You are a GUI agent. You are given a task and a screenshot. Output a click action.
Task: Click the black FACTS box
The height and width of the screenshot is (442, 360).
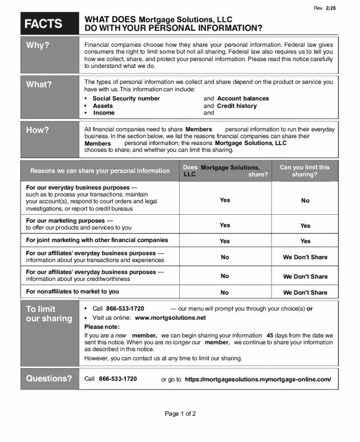click(x=43, y=23)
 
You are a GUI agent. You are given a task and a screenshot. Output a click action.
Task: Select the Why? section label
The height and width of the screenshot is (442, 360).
click(x=38, y=45)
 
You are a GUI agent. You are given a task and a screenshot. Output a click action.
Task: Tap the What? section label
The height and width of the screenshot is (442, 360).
click(x=39, y=84)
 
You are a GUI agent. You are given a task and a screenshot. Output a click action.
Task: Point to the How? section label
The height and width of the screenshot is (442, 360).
click(x=38, y=130)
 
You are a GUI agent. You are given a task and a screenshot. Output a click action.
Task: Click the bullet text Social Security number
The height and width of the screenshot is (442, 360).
click(x=126, y=98)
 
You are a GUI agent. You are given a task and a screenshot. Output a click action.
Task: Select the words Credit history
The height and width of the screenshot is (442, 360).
click(x=237, y=106)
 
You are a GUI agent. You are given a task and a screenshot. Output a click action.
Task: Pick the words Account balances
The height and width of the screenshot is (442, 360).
click(x=243, y=98)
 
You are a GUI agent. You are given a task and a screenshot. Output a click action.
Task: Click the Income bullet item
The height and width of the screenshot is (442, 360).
click(x=104, y=113)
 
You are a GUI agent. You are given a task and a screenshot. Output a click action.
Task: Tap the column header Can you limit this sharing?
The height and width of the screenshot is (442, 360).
click(x=305, y=171)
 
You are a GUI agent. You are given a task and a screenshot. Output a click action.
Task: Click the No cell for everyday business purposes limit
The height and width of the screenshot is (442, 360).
click(x=305, y=200)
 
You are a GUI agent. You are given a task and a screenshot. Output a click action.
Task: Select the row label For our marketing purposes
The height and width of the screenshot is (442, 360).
click(x=66, y=220)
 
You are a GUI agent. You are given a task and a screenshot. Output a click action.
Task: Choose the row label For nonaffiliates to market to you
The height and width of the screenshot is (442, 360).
click(x=72, y=291)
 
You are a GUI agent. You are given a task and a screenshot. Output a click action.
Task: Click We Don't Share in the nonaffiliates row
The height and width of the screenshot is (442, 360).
click(x=305, y=292)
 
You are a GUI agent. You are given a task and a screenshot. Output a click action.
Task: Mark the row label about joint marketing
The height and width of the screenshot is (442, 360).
click(x=97, y=240)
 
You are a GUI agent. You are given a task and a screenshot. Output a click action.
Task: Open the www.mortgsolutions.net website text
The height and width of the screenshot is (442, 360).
click(x=171, y=318)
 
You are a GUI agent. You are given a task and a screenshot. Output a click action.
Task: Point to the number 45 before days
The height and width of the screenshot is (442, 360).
click(x=270, y=335)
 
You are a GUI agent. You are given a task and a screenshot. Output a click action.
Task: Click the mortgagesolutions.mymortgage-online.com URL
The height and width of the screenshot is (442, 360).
click(x=258, y=379)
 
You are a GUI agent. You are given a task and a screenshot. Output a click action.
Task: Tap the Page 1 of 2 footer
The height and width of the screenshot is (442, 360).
click(x=180, y=413)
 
